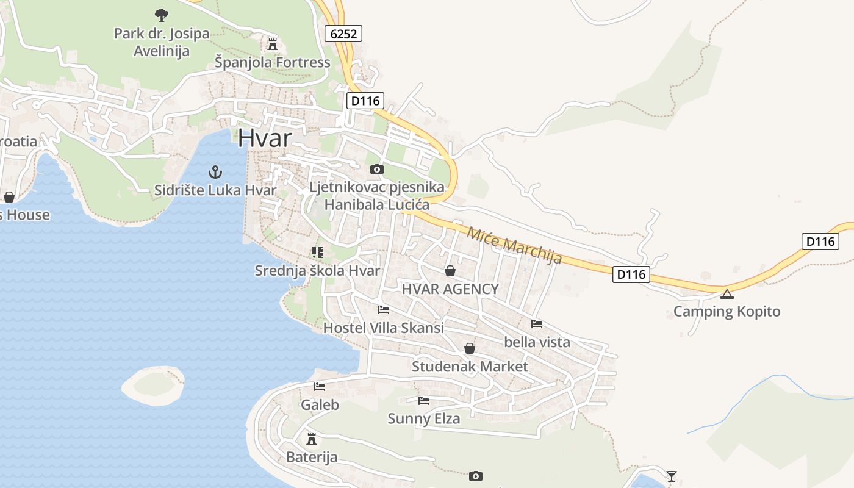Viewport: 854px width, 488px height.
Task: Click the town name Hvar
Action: [265, 138]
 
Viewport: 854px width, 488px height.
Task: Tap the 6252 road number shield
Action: [343, 34]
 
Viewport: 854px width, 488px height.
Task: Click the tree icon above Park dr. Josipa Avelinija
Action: [161, 15]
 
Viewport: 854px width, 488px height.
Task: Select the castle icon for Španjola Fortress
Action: [273, 45]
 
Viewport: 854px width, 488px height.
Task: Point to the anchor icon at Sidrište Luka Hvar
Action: [215, 171]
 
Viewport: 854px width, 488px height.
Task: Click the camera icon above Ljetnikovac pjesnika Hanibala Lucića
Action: [377, 169]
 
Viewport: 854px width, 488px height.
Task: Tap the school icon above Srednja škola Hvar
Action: [317, 252]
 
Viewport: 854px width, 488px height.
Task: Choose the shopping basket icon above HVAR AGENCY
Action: [450, 271]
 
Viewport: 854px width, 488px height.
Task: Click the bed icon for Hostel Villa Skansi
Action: [383, 310]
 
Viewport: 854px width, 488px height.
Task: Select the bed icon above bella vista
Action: [537, 324]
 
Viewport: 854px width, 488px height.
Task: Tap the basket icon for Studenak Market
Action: [470, 348]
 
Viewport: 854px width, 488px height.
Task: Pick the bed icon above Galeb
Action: [320, 386]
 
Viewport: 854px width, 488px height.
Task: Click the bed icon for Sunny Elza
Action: [424, 401]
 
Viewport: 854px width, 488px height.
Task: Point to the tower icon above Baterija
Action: [312, 439]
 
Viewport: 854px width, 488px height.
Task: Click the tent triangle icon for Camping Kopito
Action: [727, 295]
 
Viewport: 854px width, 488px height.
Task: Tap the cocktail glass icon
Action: [672, 476]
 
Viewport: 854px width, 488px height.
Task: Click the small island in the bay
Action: [152, 385]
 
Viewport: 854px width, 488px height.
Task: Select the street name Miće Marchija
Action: [514, 245]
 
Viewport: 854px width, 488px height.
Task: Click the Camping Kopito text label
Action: [727, 312]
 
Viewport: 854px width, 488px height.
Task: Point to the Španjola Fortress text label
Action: [273, 62]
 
